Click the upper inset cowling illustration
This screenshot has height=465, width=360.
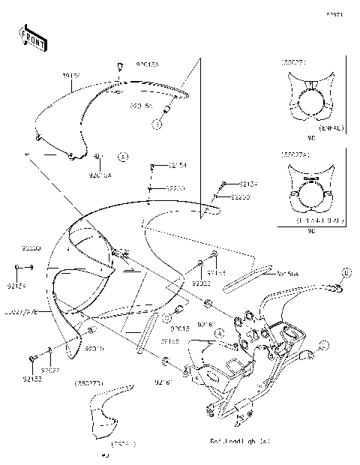[x=309, y=101]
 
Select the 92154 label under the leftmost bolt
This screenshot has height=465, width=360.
[x=18, y=285]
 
